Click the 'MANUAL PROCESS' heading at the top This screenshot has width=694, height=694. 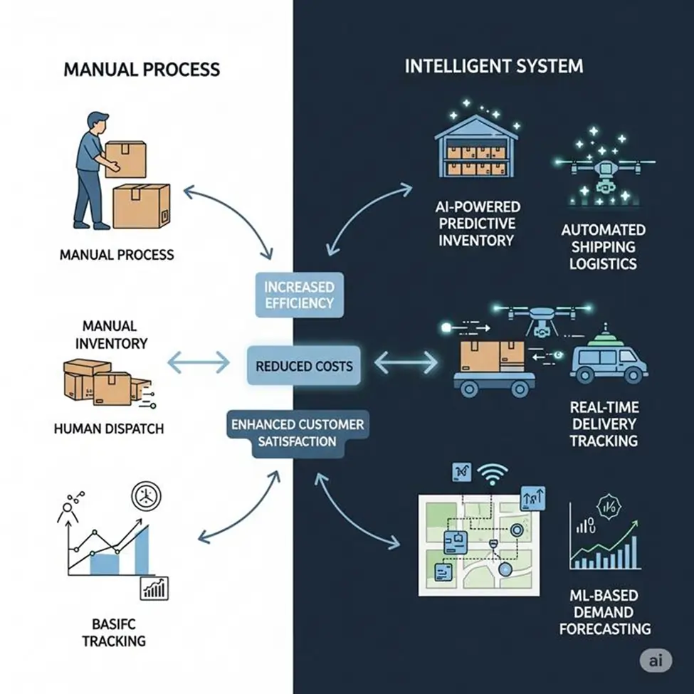(142, 70)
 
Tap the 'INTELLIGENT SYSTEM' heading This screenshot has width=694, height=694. (493, 67)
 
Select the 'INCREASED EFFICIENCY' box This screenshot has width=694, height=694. (298, 294)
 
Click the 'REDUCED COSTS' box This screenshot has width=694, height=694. (304, 366)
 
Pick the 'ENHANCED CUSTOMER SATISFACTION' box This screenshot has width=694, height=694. (298, 433)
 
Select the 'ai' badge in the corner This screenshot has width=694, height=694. (656, 661)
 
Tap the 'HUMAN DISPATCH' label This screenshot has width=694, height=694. (109, 429)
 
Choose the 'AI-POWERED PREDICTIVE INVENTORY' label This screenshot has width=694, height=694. (476, 223)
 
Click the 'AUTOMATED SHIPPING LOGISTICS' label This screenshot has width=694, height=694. (603, 247)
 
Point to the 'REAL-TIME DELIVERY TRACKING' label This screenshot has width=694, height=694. (604, 424)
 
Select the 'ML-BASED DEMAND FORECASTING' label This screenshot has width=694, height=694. (604, 611)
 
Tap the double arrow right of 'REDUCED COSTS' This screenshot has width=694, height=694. (406, 364)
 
